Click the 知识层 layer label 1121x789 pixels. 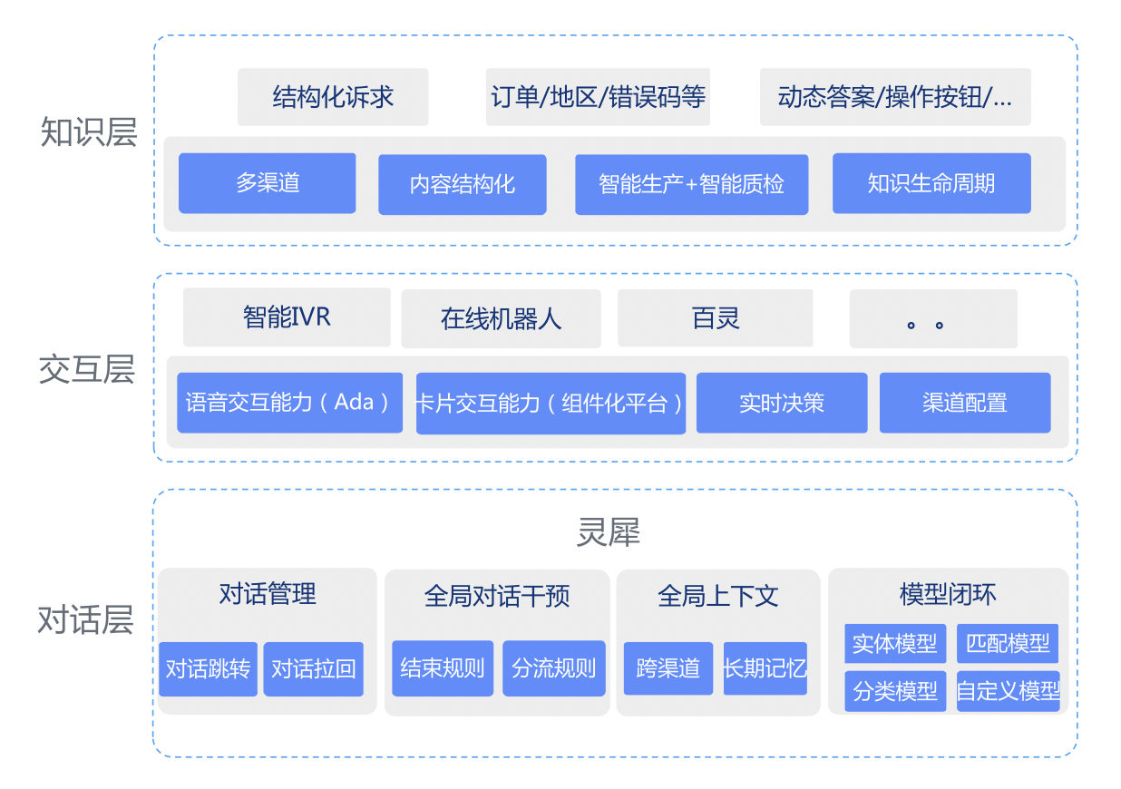pyautogui.click(x=89, y=132)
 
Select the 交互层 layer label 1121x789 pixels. pyautogui.click(x=87, y=369)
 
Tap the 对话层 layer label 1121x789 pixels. pyautogui.click(x=85, y=619)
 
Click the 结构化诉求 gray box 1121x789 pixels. pyautogui.click(x=333, y=97)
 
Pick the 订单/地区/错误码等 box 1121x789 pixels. pyautogui.click(x=598, y=97)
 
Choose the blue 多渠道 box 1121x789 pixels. pyautogui.click(x=268, y=183)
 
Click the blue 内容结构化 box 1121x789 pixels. pyautogui.click(x=463, y=184)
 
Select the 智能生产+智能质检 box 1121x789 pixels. pyautogui.click(x=692, y=184)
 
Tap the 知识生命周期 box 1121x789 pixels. pyautogui.click(x=931, y=183)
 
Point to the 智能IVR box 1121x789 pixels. pyautogui.click(x=287, y=317)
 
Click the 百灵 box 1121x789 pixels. pyautogui.click(x=716, y=318)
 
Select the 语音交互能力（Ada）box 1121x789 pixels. pyautogui.click(x=289, y=403)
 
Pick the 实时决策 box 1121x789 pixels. pyautogui.click(x=782, y=403)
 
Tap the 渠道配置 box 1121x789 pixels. pyautogui.click(x=965, y=403)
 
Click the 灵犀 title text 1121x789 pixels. pyautogui.click(x=608, y=531)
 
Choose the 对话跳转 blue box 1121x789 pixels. pyautogui.click(x=209, y=669)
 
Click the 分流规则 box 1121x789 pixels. pyautogui.click(x=554, y=667)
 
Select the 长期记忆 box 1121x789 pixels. pyautogui.click(x=765, y=667)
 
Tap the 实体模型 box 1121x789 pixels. pyautogui.click(x=895, y=643)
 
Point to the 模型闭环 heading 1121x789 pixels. pyautogui.click(x=948, y=594)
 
